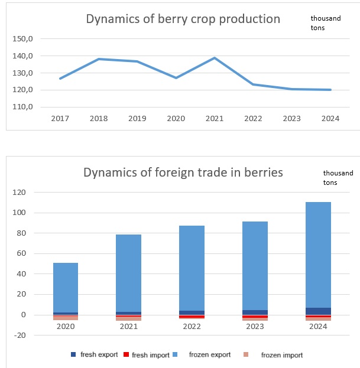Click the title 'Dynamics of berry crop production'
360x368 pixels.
coord(183,19)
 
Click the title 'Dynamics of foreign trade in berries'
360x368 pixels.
coord(183,173)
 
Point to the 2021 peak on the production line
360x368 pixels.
coord(214,58)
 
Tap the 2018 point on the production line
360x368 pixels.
coord(99,59)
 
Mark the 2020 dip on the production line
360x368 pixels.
coord(176,77)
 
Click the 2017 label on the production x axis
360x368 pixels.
coord(60,119)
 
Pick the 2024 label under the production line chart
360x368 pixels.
coord(330,119)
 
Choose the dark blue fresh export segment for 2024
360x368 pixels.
coord(318,311)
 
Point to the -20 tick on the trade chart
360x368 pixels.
coord(20,336)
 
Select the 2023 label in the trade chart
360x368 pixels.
coord(255,326)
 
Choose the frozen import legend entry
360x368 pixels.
coord(277,355)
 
